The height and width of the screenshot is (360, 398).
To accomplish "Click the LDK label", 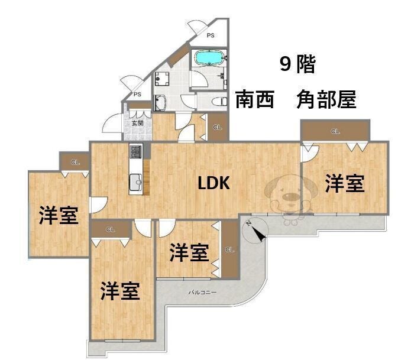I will pyautogui.click(x=213, y=183).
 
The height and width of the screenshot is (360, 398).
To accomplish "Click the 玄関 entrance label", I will pyautogui.click(x=137, y=123).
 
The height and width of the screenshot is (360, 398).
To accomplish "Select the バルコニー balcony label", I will pyautogui.click(x=203, y=292).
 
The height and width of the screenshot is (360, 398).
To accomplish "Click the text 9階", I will pyautogui.click(x=297, y=64).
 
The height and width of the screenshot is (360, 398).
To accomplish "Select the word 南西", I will pyautogui.click(x=255, y=99).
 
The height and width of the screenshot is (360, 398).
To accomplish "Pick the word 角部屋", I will pyautogui.click(x=326, y=99).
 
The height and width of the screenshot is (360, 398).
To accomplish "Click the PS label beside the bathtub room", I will pyautogui.click(x=210, y=35).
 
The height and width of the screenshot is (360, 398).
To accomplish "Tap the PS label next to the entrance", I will pyautogui.click(x=137, y=94).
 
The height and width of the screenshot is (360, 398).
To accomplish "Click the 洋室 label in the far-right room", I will pyautogui.click(x=344, y=184).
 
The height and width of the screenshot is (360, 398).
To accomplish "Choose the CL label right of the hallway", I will pyautogui.click(x=218, y=128).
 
